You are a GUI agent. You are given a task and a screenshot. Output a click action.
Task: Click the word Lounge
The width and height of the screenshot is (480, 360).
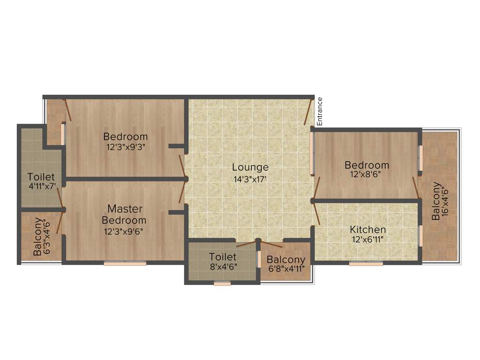250,167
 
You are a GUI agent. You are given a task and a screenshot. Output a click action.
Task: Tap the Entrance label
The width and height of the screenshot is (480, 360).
320,111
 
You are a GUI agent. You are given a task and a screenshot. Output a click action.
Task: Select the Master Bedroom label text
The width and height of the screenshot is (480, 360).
124,214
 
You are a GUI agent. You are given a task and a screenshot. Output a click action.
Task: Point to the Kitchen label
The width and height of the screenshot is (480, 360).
368,230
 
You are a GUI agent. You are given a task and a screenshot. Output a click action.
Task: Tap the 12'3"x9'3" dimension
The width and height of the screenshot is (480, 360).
125,147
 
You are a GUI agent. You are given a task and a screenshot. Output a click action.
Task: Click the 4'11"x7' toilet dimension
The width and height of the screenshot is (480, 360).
42,187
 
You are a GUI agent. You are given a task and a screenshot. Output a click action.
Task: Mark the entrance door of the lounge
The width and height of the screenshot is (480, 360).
308,111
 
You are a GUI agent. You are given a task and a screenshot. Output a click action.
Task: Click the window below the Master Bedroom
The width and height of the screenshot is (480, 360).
125,264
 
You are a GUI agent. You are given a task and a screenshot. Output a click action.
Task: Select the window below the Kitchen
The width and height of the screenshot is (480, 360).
366,264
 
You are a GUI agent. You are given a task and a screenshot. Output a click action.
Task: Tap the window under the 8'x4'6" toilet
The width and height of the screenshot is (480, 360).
222,283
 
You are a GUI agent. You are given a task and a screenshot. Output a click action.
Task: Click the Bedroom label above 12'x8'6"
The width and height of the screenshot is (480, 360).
367,165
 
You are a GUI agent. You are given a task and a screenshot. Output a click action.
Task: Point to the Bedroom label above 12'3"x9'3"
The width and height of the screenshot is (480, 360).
125,137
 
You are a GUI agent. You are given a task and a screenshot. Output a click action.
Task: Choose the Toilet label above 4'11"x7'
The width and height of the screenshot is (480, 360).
41,178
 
